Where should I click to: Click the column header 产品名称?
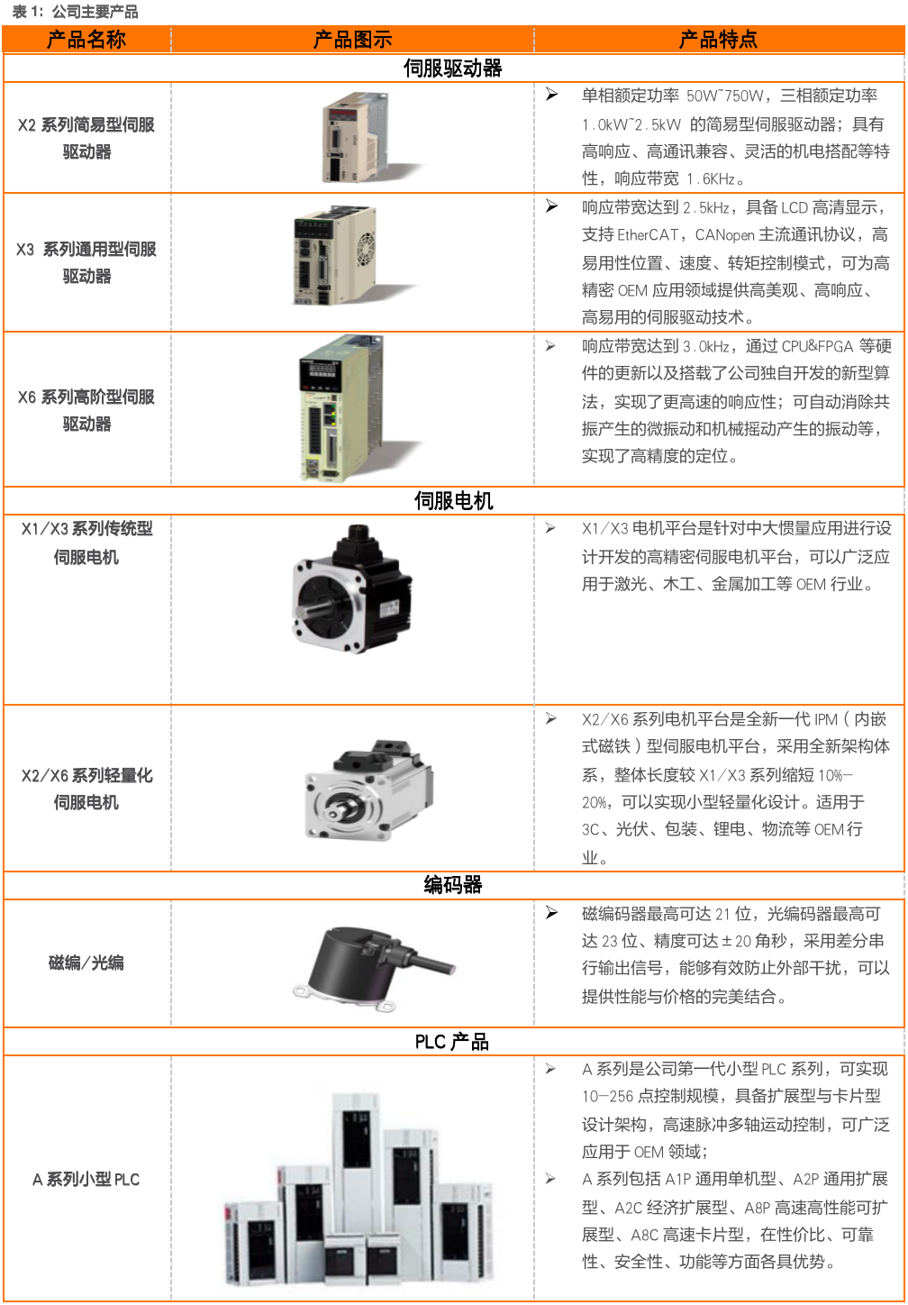tap(86, 40)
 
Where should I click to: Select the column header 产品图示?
tap(352, 40)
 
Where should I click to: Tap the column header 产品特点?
tap(718, 40)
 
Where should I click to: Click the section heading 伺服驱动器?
tap(453, 68)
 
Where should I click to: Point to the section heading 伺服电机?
tap(453, 501)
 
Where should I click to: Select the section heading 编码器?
tap(453, 885)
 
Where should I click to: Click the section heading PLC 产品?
tap(452, 1042)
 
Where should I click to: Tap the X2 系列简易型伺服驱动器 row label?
tap(86, 138)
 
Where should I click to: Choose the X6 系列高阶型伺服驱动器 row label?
tap(86, 410)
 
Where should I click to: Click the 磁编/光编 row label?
tap(86, 963)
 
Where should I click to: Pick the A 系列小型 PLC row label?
tap(86, 1179)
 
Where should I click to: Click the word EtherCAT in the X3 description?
tap(647, 235)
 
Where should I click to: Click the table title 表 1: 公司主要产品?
tap(75, 12)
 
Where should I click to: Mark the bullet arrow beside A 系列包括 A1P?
tap(550, 1178)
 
